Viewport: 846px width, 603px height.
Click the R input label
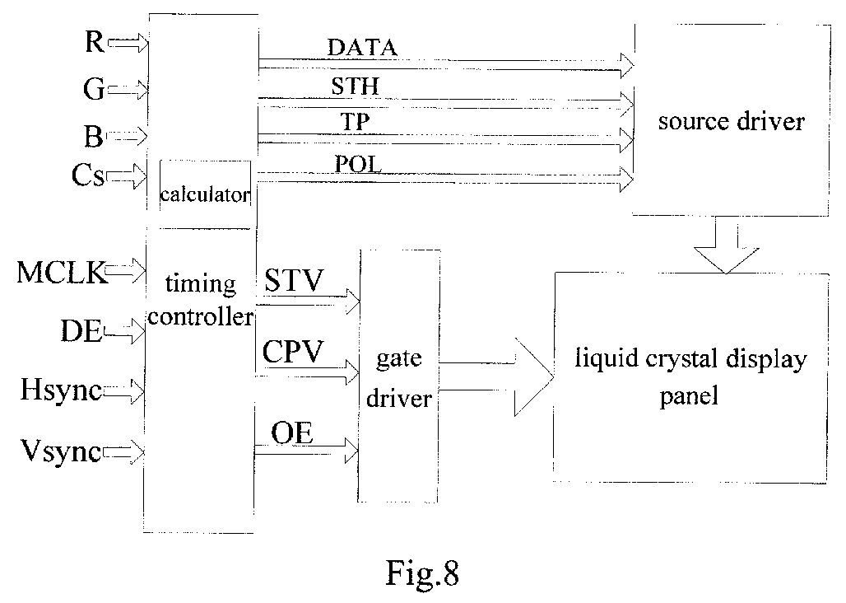tap(95, 41)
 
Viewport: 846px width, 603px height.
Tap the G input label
tap(94, 88)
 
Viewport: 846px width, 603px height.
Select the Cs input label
tap(87, 175)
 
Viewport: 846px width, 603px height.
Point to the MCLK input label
tap(61, 272)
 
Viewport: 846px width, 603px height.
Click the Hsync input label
tap(61, 390)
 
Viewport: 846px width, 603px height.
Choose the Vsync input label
tap(60, 451)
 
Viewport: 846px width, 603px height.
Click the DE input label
tap(81, 330)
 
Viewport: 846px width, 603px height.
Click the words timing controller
tap(201, 300)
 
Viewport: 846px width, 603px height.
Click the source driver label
tap(732, 121)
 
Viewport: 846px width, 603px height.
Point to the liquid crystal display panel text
tap(690, 376)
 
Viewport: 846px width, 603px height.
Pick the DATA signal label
tap(362, 48)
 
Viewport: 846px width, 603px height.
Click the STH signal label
tap(356, 86)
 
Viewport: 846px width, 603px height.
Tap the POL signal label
tap(358, 164)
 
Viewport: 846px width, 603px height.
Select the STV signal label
tap(294, 280)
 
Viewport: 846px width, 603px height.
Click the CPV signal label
tap(293, 352)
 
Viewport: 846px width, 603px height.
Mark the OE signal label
tap(292, 433)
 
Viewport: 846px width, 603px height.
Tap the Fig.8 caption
tap(422, 573)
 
